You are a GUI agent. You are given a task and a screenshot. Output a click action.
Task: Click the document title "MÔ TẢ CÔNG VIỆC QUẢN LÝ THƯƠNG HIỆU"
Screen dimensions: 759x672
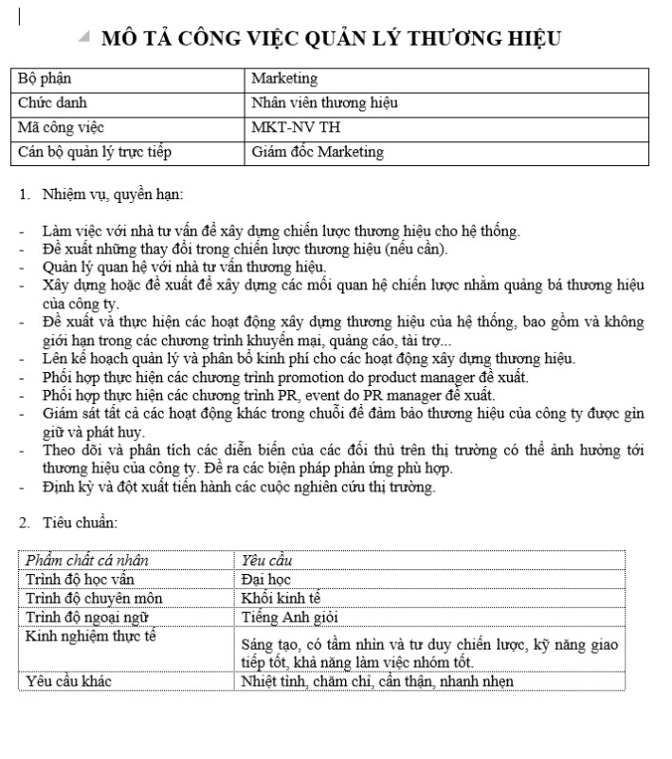point(331,39)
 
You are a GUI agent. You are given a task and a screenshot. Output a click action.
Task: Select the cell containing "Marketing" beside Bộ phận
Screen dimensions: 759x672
point(284,79)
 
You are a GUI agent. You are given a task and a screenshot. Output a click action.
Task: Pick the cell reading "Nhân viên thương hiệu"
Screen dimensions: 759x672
point(324,102)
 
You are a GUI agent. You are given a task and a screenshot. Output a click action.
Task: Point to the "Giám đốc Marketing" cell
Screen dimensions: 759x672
point(318,152)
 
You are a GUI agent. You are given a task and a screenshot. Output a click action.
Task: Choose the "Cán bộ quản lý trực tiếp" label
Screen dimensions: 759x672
point(95,152)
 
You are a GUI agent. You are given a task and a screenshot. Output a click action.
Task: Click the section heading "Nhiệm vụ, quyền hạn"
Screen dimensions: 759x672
point(112,195)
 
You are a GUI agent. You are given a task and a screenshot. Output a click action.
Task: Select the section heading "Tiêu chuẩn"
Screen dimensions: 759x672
point(80,522)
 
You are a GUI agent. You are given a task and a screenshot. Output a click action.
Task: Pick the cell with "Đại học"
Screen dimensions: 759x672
point(266,579)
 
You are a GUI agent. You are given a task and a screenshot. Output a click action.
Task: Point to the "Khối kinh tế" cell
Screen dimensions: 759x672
point(282,599)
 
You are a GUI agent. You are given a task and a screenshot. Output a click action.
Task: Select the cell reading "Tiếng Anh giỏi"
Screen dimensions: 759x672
point(285,618)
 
